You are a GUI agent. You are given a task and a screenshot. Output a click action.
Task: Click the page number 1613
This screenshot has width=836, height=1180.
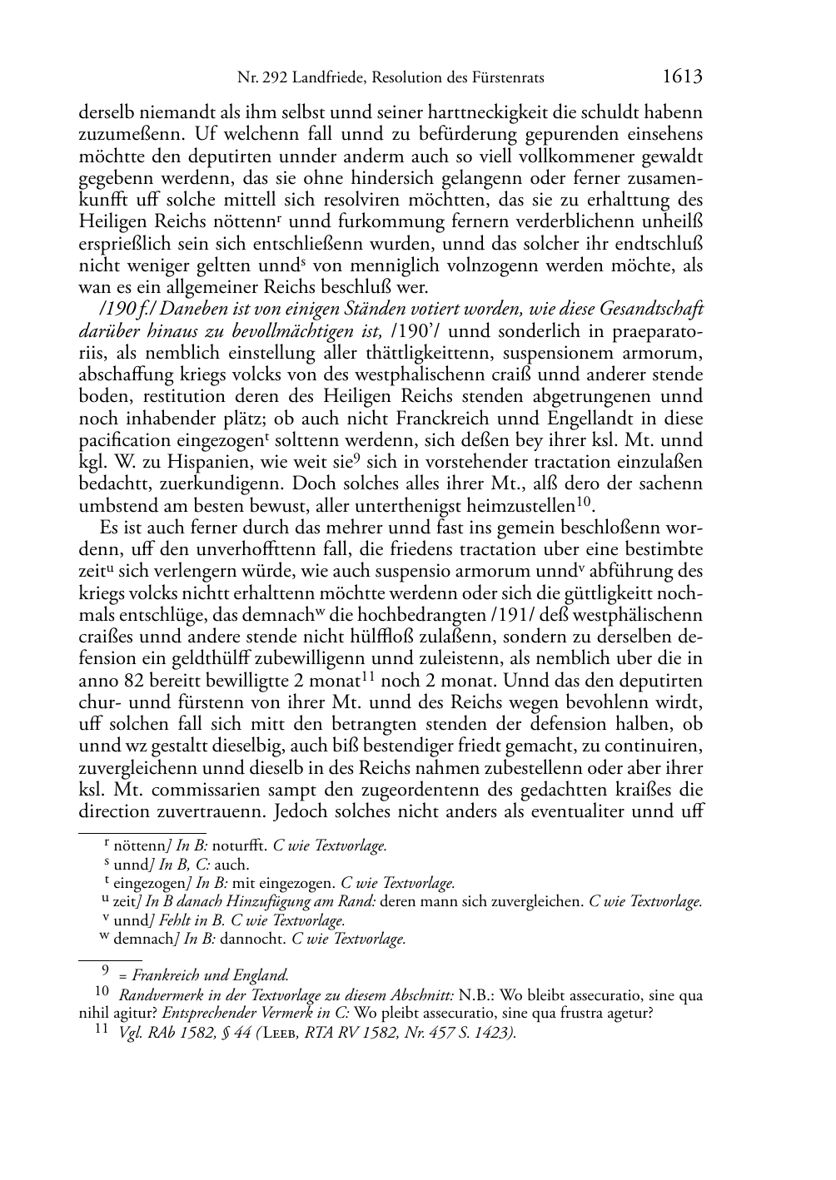[x=683, y=77]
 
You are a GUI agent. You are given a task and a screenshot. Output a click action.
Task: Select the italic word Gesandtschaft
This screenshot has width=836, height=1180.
[x=654, y=310]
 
